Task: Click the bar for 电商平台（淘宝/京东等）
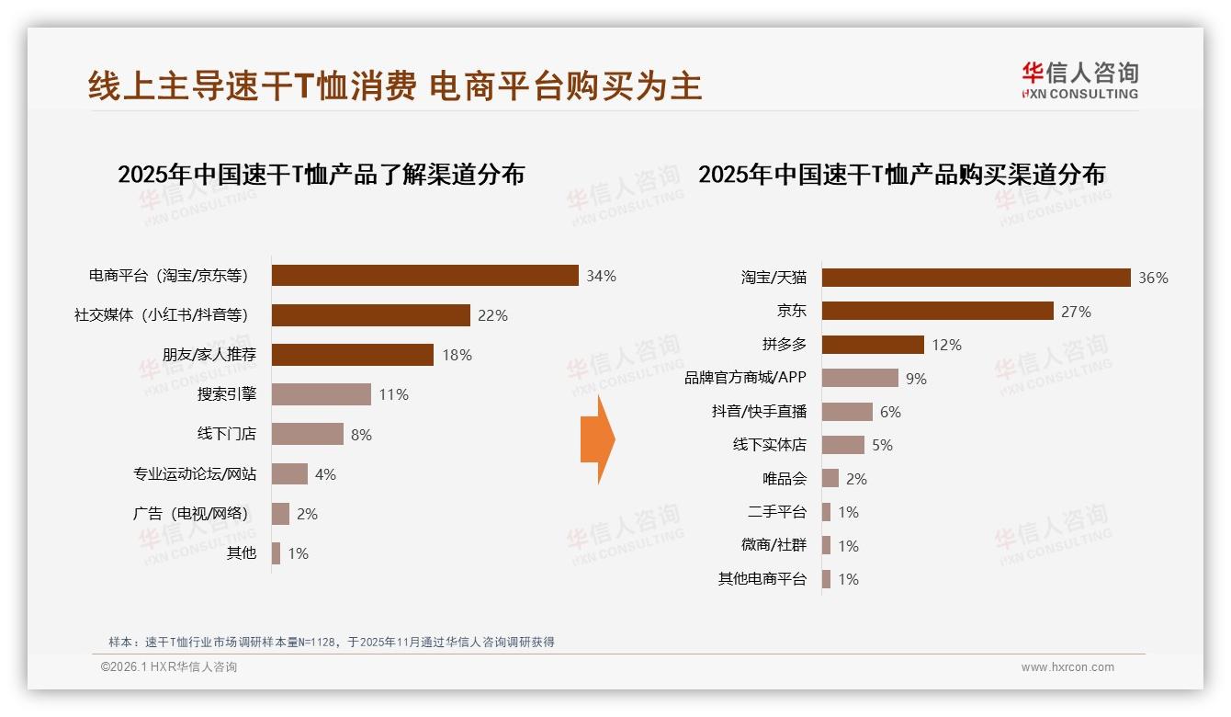424,276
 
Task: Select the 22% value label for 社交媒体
492,315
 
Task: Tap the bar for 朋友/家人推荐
353,355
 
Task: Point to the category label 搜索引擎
227,394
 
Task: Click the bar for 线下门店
308,434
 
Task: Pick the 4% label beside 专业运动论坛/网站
325,474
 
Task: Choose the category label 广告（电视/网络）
190,514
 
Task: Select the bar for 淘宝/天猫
976,278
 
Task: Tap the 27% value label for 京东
1076,312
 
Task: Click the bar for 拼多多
873,345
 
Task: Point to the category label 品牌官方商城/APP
745,378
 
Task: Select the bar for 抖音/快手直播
847,412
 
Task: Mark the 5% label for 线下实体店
882,446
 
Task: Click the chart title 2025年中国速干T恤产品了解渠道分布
321,174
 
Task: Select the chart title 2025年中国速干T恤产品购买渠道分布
901,174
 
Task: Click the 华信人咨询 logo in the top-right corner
1079,80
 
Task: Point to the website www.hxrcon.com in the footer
1067,667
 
